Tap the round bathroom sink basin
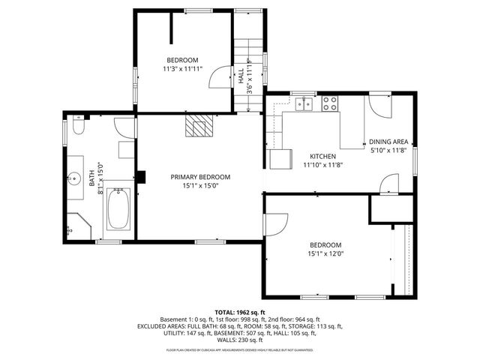pos(75,178)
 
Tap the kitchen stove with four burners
pos(330,103)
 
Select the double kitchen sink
pos(304,104)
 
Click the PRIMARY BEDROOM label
pos(200,177)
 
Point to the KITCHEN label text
pos(323,156)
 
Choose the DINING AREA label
pos(388,142)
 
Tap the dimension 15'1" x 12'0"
pos(325,253)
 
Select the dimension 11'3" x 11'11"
pos(181,68)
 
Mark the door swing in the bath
pos(124,128)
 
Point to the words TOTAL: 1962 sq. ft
pos(240,312)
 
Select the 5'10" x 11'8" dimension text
pos(388,150)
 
